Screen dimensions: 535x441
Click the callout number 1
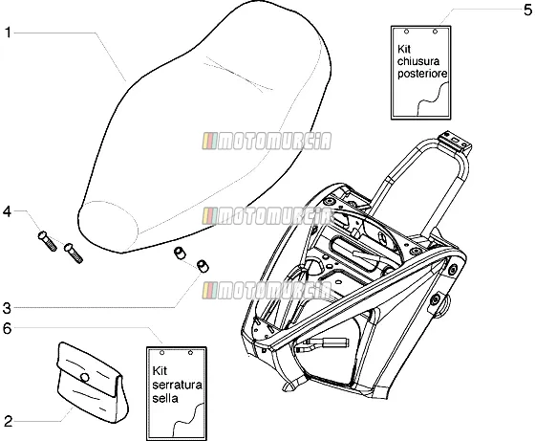[8, 33]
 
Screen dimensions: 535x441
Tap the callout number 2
[8, 421]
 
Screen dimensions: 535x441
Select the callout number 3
[7, 308]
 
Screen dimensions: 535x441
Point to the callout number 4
[7, 211]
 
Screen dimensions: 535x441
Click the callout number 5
[527, 11]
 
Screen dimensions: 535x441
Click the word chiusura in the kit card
[418, 61]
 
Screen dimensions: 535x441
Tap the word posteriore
[422, 74]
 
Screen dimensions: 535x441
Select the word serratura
[177, 385]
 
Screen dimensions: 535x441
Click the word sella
[165, 398]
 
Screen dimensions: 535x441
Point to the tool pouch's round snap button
[84, 378]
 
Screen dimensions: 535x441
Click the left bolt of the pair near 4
[47, 241]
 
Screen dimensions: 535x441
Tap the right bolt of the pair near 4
[74, 253]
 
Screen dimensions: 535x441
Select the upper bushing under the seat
[180, 254]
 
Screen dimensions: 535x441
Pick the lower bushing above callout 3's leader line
[203, 266]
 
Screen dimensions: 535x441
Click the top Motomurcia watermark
[267, 141]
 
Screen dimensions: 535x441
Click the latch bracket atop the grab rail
[455, 142]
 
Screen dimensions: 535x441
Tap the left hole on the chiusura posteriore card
[406, 32]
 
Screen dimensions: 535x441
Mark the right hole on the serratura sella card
[190, 352]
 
